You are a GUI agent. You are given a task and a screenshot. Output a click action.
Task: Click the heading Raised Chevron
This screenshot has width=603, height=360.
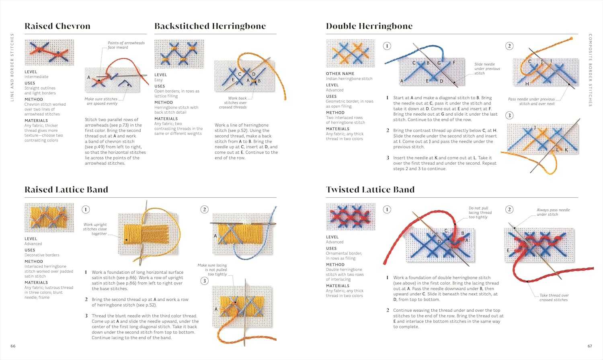click(57, 26)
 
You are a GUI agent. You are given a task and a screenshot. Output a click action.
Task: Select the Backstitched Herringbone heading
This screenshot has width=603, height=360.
click(210, 26)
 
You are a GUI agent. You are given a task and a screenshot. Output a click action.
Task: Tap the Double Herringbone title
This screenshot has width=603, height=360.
click(369, 26)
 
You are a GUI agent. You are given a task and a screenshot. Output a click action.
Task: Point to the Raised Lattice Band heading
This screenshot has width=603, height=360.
click(66, 190)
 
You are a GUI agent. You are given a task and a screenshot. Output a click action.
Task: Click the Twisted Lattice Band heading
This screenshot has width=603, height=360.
click(370, 190)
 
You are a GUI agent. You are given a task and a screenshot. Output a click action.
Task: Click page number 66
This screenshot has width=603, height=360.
click(13, 346)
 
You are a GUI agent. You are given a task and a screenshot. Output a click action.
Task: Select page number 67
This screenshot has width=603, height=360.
click(590, 346)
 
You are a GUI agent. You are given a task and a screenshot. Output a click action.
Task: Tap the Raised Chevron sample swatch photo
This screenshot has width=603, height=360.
click(49, 52)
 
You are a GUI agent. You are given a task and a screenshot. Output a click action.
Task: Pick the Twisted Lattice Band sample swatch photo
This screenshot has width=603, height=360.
click(351, 217)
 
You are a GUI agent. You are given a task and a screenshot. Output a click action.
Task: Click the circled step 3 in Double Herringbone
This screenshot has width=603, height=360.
click(509, 116)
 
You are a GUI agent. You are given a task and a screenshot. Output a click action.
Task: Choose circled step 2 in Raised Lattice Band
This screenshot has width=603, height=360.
click(204, 209)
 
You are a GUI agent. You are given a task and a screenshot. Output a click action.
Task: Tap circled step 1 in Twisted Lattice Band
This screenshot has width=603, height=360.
click(387, 209)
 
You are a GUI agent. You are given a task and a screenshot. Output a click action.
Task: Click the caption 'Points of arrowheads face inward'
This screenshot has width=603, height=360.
click(126, 45)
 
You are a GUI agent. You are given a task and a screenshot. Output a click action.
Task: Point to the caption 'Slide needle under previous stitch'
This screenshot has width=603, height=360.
click(487, 69)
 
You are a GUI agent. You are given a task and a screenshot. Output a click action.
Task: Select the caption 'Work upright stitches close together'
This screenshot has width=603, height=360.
click(95, 229)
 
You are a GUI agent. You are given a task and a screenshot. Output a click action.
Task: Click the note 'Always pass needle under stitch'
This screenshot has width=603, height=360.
click(553, 212)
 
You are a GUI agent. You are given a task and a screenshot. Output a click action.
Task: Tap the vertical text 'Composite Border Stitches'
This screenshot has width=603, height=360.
click(590, 70)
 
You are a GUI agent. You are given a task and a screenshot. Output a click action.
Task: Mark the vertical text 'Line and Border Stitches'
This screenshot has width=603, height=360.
click(12, 67)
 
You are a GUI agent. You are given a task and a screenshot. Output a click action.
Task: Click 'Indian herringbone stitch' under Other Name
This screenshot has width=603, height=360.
click(349, 79)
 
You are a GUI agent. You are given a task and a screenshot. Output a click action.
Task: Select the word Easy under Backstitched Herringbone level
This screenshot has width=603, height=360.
click(159, 80)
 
